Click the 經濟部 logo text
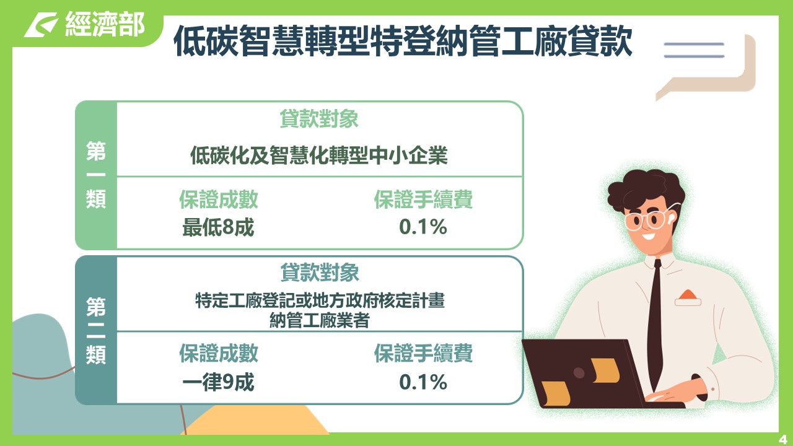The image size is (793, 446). (x=105, y=24)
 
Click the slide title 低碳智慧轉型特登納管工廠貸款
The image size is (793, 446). (x=403, y=41)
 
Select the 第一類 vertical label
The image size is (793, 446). (x=96, y=175)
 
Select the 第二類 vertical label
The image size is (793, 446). (x=96, y=331)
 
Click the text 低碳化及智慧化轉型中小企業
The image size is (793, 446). (x=319, y=155)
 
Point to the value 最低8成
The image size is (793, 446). (x=218, y=227)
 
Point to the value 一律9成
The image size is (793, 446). (x=218, y=382)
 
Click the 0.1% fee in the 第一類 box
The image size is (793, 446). (x=423, y=227)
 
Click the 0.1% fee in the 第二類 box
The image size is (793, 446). (x=423, y=382)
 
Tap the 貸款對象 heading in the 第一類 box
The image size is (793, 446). (x=319, y=118)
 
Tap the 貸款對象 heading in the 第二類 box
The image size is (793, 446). (x=320, y=273)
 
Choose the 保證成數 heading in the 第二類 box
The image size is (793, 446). (x=219, y=353)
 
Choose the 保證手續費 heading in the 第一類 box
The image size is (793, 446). (x=423, y=199)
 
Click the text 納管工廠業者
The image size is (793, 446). (x=319, y=320)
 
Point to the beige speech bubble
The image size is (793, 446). (x=706, y=68)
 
